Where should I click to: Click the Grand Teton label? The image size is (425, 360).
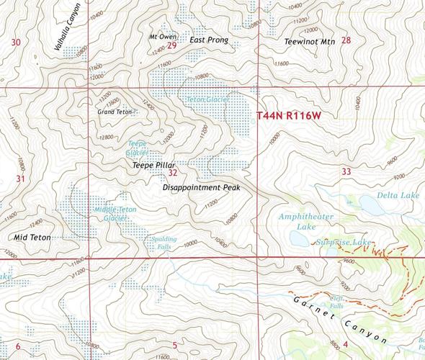[115, 112]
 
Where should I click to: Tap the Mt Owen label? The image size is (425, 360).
[162, 36]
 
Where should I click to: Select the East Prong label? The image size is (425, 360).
[208, 40]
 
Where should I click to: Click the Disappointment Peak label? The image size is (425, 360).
[201, 187]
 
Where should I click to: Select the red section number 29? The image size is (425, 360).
[171, 45]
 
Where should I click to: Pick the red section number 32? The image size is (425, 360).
[172, 173]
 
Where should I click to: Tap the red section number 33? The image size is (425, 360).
[346, 171]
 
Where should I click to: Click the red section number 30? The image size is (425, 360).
[16, 43]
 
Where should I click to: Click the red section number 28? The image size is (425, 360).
[346, 40]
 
